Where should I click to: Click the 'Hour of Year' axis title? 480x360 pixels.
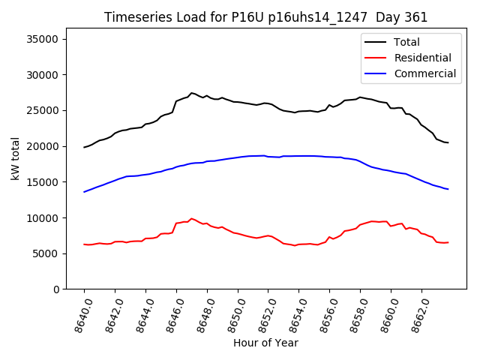click(265, 343)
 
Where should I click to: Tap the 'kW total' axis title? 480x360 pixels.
click(16, 159)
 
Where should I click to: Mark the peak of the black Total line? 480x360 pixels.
click(192, 93)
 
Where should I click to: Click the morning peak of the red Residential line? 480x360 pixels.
click(192, 218)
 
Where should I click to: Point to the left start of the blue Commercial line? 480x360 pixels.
click(84, 192)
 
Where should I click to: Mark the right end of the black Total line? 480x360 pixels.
click(448, 142)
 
